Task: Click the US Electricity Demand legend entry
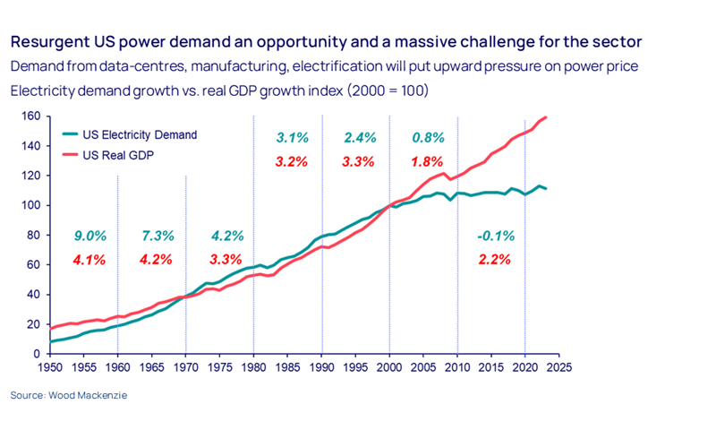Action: pyautogui.click(x=139, y=135)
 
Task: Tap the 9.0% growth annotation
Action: pyautogui.click(x=89, y=236)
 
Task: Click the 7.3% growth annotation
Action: pyautogui.click(x=158, y=236)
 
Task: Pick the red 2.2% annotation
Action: pyautogui.click(x=494, y=261)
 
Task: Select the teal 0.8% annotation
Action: pyautogui.click(x=427, y=138)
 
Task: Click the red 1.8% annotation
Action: pyautogui.click(x=428, y=162)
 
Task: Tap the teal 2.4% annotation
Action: pyautogui.click(x=360, y=138)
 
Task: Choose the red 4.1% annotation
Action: pyautogui.click(x=89, y=261)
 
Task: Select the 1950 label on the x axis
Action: pyautogui.click(x=50, y=366)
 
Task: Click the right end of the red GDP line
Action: pyautogui.click(x=546, y=117)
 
